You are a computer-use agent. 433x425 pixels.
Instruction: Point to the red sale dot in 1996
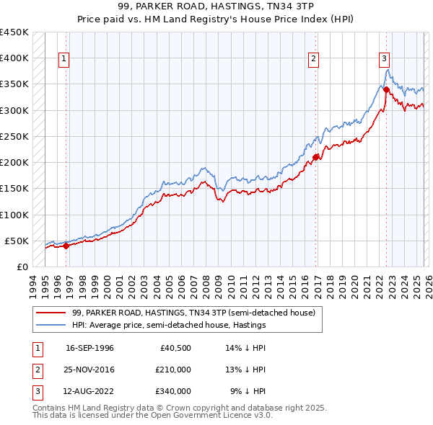(x=66, y=246)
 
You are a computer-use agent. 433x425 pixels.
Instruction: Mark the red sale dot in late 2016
(x=316, y=156)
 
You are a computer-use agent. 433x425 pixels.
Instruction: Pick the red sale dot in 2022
(x=386, y=89)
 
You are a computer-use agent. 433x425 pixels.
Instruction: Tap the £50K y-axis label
(x=17, y=241)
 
